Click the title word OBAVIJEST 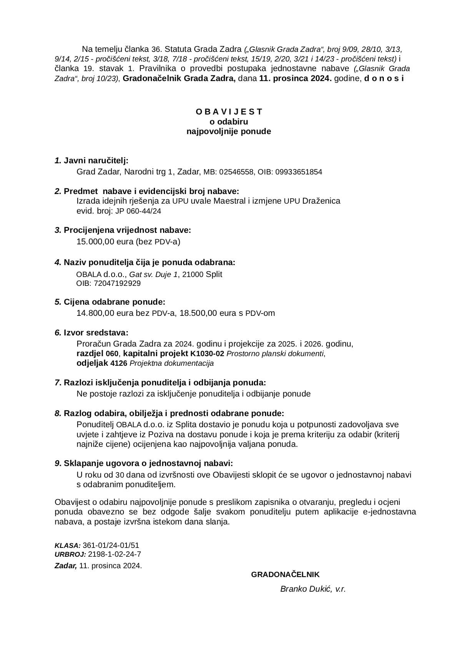click(229, 112)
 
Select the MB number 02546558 click(236, 172)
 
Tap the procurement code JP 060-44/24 click(138, 211)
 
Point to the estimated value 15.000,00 click(95, 242)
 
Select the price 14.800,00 click(95, 313)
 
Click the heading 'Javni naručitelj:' click(96, 161)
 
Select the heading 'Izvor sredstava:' click(96, 333)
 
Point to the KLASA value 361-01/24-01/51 click(111, 545)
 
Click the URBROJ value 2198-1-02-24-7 click(115, 554)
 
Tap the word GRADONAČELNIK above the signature click(285, 574)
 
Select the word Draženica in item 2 click(321, 201)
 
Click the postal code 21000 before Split click(192, 275)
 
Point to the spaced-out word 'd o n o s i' click(384, 79)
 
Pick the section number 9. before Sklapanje click(58, 463)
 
